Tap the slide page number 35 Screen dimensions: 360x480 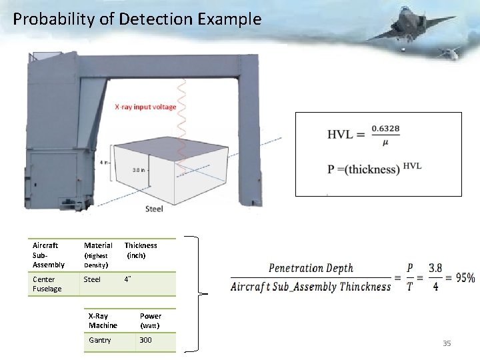[x=447, y=343]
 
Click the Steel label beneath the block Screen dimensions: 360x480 [x=154, y=209]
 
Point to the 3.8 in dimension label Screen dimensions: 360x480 [x=139, y=169]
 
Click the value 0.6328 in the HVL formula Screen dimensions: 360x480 [x=382, y=128]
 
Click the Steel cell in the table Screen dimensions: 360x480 [x=92, y=279]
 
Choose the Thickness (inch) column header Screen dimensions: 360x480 [x=141, y=250]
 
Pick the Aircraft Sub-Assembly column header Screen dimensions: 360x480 [x=48, y=255]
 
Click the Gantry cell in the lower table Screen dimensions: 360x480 [x=100, y=340]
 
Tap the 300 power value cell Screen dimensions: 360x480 [x=145, y=340]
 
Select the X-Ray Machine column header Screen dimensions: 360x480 [x=103, y=321]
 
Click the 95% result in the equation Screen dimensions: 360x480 [x=465, y=277]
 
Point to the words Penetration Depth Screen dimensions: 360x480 [x=311, y=268]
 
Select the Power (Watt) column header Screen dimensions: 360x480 [x=151, y=321]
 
